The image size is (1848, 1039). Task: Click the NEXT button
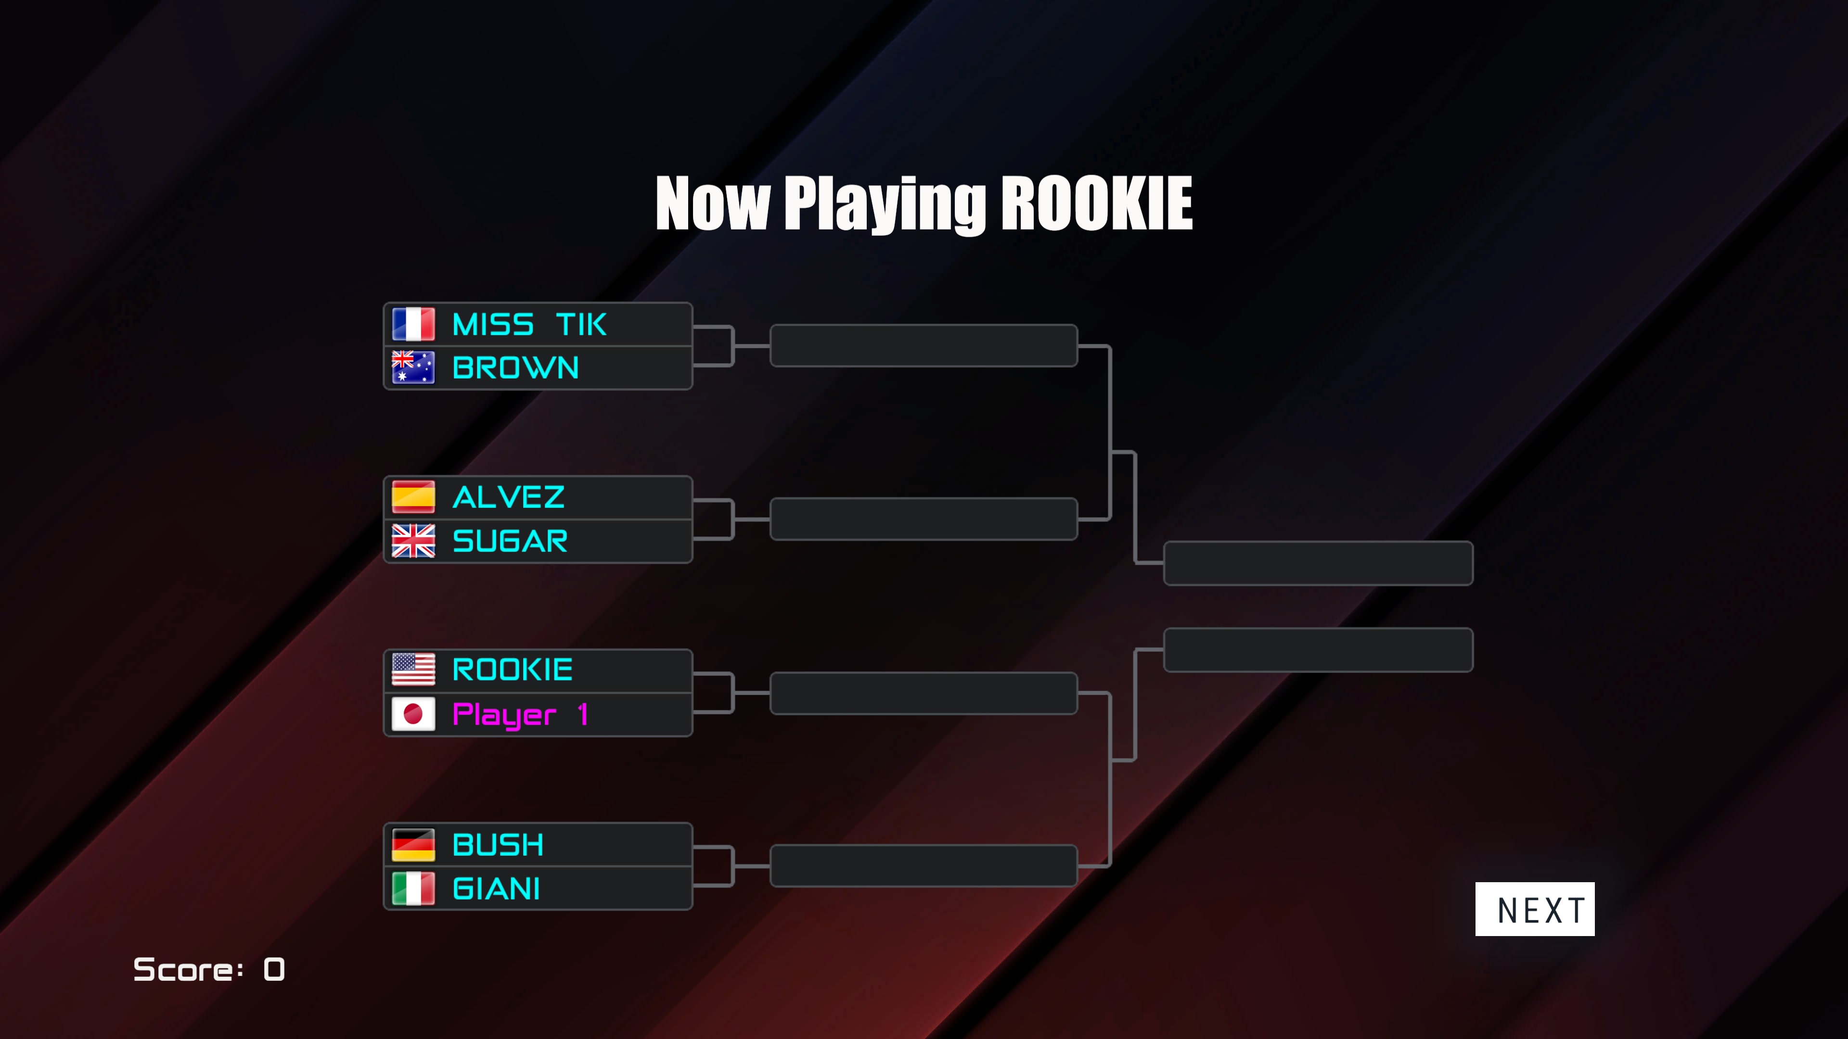tap(1535, 909)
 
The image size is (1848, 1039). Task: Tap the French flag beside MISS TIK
tap(413, 324)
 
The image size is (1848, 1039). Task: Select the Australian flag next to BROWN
tap(413, 367)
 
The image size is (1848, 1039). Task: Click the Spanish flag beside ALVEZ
tap(413, 497)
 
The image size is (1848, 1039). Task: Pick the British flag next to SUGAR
tap(413, 541)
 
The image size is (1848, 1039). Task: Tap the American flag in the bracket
tap(413, 670)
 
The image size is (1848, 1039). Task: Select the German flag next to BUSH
tap(413, 845)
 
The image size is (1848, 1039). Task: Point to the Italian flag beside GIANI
tap(413, 888)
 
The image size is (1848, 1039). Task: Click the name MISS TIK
tap(529, 325)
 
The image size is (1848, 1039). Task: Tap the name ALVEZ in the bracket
tap(509, 497)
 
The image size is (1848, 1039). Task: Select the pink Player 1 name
tap(521, 715)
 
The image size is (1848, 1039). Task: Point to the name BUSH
tap(498, 845)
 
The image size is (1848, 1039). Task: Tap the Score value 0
tap(274, 969)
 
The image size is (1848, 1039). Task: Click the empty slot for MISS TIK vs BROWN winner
tap(924, 346)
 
